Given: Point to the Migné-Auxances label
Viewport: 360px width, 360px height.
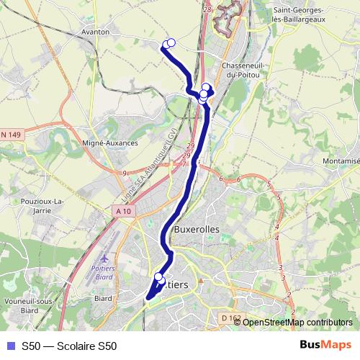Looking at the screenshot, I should point(110,143).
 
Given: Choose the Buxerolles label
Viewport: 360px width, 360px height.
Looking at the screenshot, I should point(197,229).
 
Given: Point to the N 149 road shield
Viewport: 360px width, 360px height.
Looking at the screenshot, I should point(11,135).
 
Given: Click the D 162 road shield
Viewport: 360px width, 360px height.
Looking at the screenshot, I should point(231,318).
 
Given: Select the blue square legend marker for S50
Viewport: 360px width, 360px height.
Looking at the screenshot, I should point(9,346).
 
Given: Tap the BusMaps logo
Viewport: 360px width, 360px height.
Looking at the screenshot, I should point(325,345).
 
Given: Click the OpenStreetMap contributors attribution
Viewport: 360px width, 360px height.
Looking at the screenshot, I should point(297,322).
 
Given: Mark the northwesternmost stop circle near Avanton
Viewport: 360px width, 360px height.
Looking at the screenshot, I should point(166,45).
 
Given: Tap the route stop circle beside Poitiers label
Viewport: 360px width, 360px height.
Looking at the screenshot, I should point(158,276).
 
